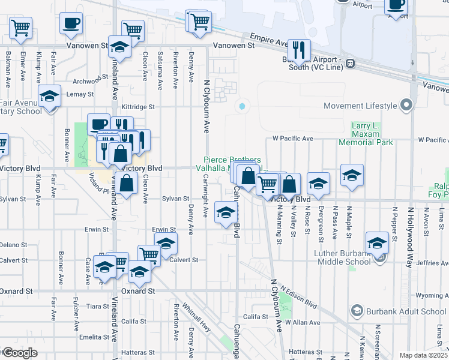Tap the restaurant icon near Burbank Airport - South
pyautogui.click(x=298, y=50)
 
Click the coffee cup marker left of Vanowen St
pyautogui.click(x=71, y=24)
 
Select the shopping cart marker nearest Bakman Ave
pyautogui.click(x=20, y=28)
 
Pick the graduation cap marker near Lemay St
pyautogui.click(x=49, y=96)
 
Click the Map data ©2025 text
pyautogui.click(x=423, y=355)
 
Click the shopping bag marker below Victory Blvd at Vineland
pyautogui.click(x=127, y=184)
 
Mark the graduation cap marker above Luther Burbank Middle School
pyautogui.click(x=378, y=242)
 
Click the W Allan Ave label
pyautogui.click(x=303, y=323)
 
